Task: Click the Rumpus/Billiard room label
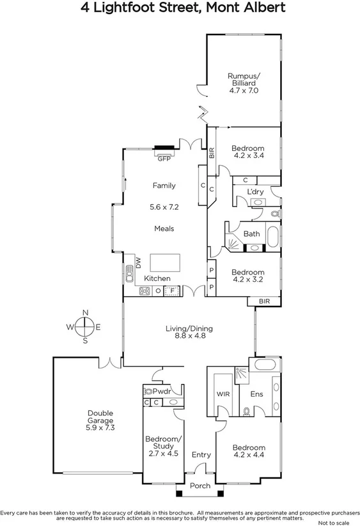pyautogui.click(x=243, y=83)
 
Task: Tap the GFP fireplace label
pyautogui.click(x=164, y=159)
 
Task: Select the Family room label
pyautogui.click(x=164, y=186)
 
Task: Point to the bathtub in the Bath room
pyautogui.click(x=272, y=237)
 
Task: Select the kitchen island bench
pyautogui.click(x=165, y=262)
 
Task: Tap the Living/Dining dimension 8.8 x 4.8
pyautogui.click(x=189, y=337)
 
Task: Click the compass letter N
pyautogui.click(x=85, y=313)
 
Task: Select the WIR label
pyautogui.click(x=222, y=394)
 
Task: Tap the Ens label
pyautogui.click(x=256, y=394)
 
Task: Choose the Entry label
pyautogui.click(x=201, y=455)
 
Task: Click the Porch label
pyautogui.click(x=201, y=486)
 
